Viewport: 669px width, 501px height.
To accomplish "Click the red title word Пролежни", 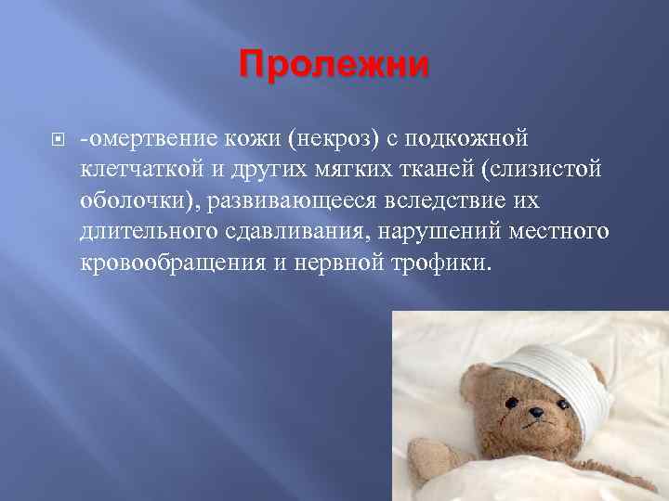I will [334, 65].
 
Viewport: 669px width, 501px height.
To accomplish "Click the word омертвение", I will [152, 138].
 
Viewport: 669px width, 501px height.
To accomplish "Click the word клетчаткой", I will [140, 170].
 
